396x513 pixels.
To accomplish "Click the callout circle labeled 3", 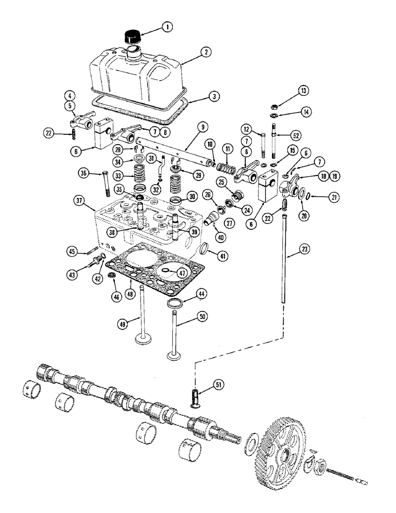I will pyautogui.click(x=212, y=96).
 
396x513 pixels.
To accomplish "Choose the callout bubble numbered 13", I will pyautogui.click(x=277, y=91).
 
